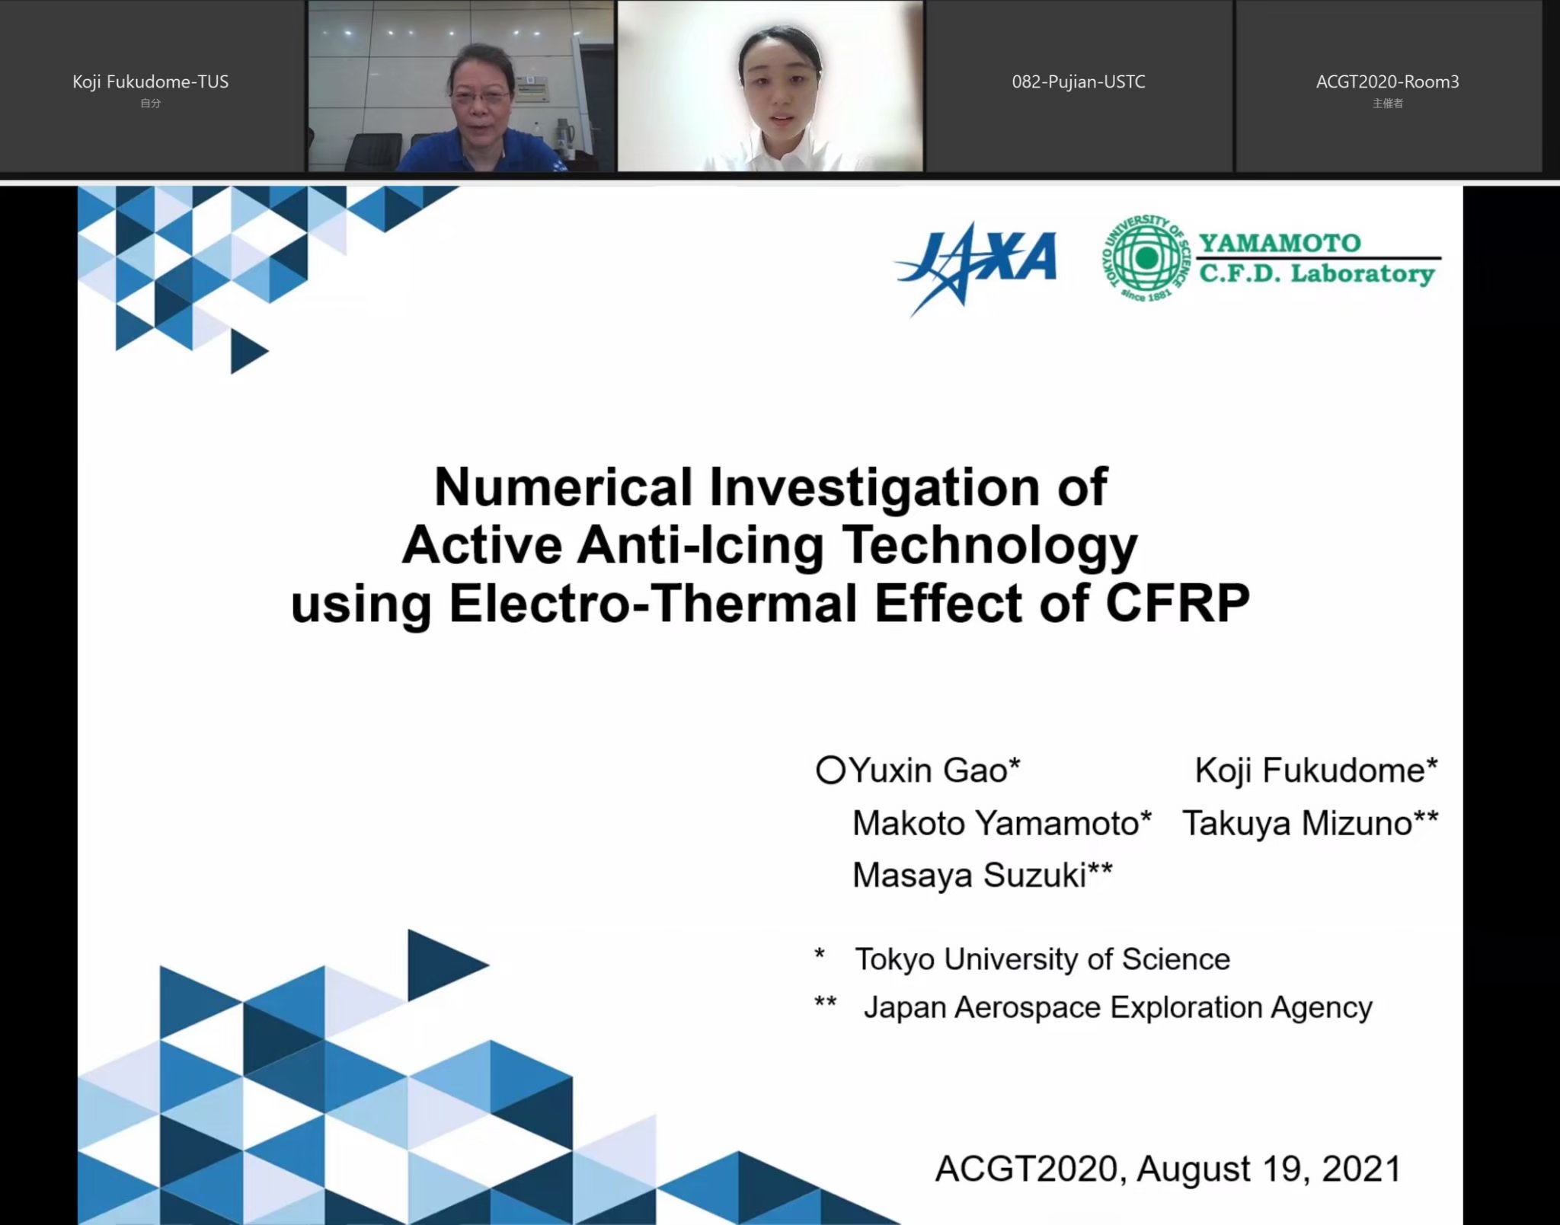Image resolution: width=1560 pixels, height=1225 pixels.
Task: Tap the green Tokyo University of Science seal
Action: tap(1145, 257)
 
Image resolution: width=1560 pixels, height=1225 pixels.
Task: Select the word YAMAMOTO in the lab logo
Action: tap(1280, 243)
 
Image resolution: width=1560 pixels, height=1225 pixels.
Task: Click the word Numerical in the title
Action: tap(563, 486)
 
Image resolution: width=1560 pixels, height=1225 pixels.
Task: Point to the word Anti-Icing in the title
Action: tap(700, 545)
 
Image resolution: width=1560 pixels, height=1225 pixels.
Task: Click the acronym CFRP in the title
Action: tap(1178, 603)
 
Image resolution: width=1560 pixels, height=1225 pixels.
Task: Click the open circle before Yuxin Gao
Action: tap(830, 770)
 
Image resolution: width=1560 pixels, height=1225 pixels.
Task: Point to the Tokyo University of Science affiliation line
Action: tap(1042, 959)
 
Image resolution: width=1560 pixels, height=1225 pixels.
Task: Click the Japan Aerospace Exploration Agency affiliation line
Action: tap(1117, 1007)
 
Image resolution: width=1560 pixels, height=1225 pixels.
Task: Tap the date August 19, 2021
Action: tap(1269, 1169)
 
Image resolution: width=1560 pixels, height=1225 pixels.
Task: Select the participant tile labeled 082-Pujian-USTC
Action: tap(1079, 87)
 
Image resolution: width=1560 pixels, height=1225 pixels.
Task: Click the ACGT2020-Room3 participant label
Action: tap(1387, 81)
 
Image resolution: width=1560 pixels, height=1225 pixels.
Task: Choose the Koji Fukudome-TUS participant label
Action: tap(151, 81)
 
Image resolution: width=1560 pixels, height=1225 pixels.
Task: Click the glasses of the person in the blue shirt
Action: tap(481, 97)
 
